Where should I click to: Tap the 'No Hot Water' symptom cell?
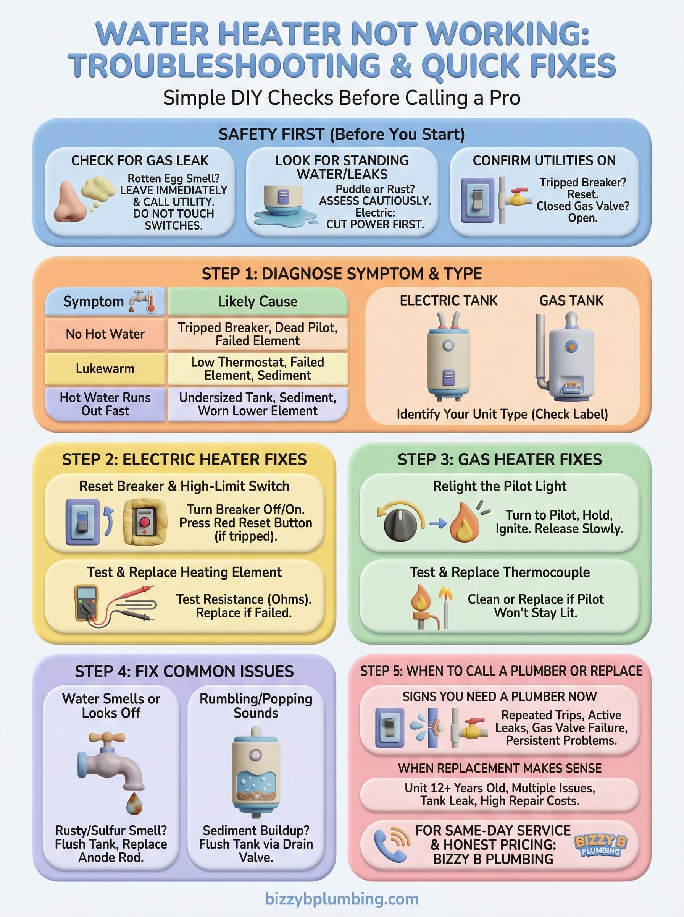tap(105, 334)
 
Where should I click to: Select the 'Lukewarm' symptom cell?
tap(105, 368)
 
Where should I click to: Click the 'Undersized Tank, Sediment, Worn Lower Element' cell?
tap(258, 404)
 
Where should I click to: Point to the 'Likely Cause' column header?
tap(258, 301)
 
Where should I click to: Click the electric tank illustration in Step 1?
tap(448, 356)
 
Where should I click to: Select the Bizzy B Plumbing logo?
tap(600, 845)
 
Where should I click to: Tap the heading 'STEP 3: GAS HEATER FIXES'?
tap(500, 460)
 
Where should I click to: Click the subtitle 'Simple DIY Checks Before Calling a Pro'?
tap(342, 98)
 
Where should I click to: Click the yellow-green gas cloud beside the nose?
tap(98, 188)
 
